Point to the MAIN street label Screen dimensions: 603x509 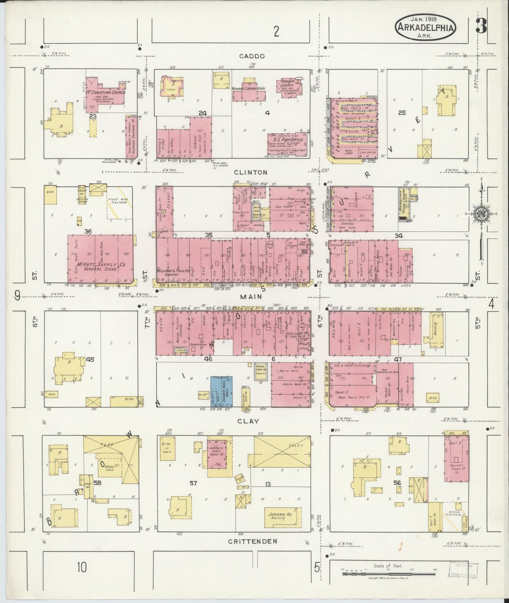251,297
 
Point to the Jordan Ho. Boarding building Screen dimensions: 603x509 283,517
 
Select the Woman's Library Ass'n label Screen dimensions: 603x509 248,89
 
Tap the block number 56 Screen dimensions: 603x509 397,483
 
